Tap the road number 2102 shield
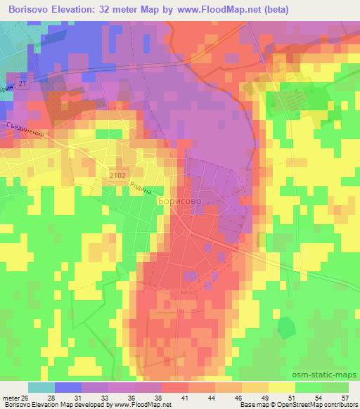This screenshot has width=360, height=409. tap(118, 172)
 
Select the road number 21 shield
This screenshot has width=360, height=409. tap(23, 84)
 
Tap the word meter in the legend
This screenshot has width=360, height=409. tap(11, 397)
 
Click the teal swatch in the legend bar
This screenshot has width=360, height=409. tap(41, 387)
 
